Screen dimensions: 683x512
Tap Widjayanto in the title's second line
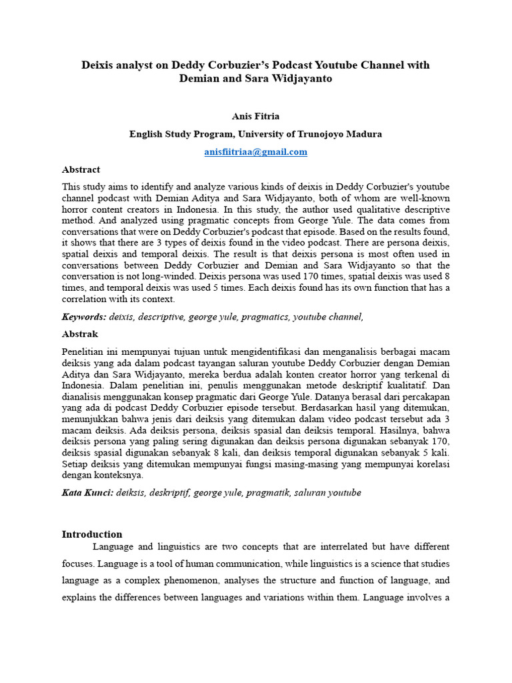click(298, 79)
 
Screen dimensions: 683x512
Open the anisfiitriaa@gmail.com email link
click(255, 151)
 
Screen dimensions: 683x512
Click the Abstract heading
click(81, 169)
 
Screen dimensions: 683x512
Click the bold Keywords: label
click(83, 317)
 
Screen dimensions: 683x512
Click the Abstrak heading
click(80, 333)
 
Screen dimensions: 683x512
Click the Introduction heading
click(92, 534)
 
